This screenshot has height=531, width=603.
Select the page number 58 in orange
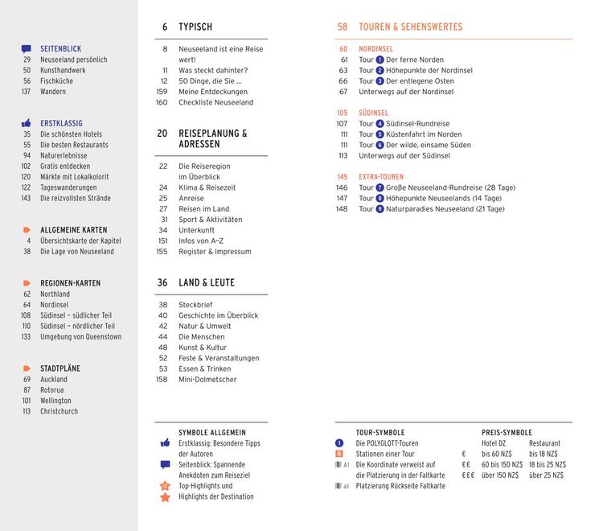click(x=342, y=27)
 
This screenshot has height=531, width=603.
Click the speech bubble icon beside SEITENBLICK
click(x=27, y=49)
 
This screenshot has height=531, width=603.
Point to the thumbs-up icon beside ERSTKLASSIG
click(x=27, y=124)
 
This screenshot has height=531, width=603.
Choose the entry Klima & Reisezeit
click(x=207, y=187)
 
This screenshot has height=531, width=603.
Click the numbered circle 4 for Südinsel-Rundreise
click(x=379, y=124)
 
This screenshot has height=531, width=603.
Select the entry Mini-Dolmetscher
click(x=207, y=379)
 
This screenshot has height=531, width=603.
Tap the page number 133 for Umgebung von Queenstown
click(x=26, y=336)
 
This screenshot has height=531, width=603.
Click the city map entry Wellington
click(x=55, y=401)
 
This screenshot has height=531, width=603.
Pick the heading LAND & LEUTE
click(x=207, y=283)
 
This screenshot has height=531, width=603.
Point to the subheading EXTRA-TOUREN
click(x=381, y=177)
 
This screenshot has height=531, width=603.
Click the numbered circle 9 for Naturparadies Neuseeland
click(x=379, y=209)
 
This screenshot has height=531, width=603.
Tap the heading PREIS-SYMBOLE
click(x=507, y=433)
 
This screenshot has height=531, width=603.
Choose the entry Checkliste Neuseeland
click(x=215, y=103)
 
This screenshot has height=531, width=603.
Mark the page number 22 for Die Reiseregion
click(x=163, y=167)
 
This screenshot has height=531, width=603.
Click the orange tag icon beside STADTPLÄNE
click(x=27, y=368)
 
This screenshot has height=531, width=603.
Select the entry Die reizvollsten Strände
click(x=76, y=198)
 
